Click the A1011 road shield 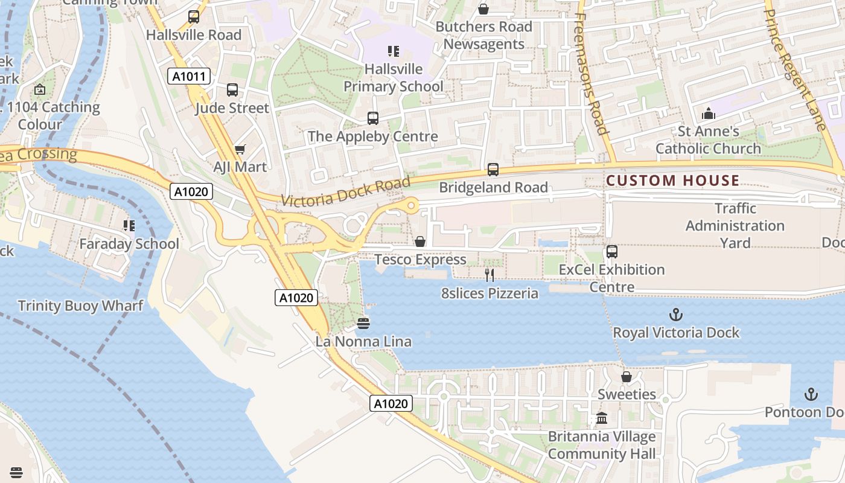click(189, 77)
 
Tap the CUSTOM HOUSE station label click(672, 181)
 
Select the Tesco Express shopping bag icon click(420, 242)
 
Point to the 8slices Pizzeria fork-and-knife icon click(489, 275)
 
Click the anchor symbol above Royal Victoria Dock click(675, 315)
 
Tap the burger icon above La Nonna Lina click(363, 324)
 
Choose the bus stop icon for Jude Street click(232, 91)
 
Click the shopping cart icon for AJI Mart click(240, 149)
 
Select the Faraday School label click(129, 244)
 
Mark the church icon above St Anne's click(708, 114)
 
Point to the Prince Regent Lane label click(794, 69)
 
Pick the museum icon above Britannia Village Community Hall click(602, 418)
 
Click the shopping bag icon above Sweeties click(627, 377)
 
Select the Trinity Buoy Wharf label click(80, 305)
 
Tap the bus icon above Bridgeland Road click(493, 170)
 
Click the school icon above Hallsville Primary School click(394, 51)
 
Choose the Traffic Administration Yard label click(735, 226)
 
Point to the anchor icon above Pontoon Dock click(811, 395)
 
